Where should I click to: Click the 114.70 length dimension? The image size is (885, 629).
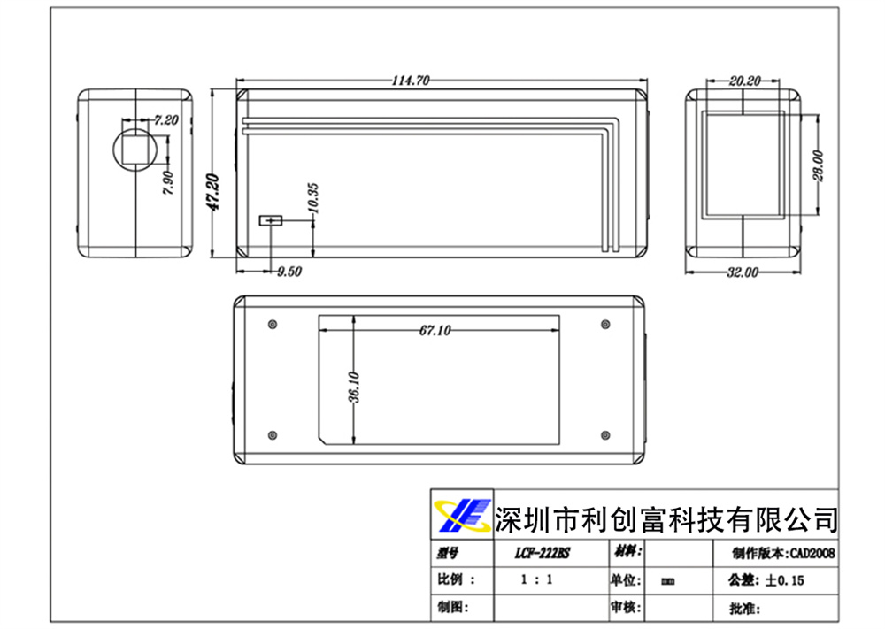point(411,81)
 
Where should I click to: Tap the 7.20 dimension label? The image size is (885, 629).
point(166,119)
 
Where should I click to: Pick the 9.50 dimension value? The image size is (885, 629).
point(289,272)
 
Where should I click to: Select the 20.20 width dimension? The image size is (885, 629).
point(745,81)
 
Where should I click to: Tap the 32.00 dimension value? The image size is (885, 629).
point(743,272)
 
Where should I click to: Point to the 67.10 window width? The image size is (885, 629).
point(435,330)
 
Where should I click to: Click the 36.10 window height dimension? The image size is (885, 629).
point(354,387)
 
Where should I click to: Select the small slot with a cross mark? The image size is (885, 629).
point(269,219)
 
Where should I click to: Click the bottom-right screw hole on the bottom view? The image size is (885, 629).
point(605,434)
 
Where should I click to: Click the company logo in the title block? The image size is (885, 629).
point(461,514)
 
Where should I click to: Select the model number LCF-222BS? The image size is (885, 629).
point(543,553)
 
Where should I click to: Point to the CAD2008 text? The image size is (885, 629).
point(811,553)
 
